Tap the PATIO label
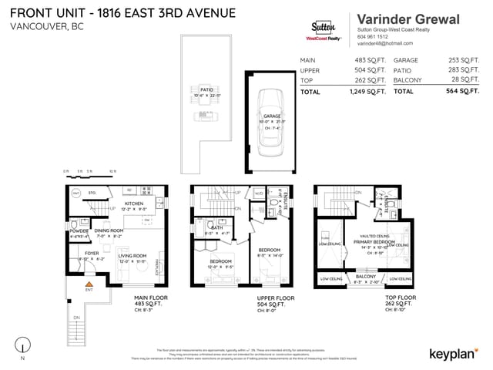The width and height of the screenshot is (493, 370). (206, 89)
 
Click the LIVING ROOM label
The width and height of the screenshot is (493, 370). (132, 255)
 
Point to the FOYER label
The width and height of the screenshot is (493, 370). (92, 252)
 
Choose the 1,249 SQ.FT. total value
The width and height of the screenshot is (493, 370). (365, 92)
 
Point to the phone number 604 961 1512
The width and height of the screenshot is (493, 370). (374, 37)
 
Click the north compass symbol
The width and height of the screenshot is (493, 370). (24, 345)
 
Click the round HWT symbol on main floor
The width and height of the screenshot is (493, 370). (75, 193)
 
